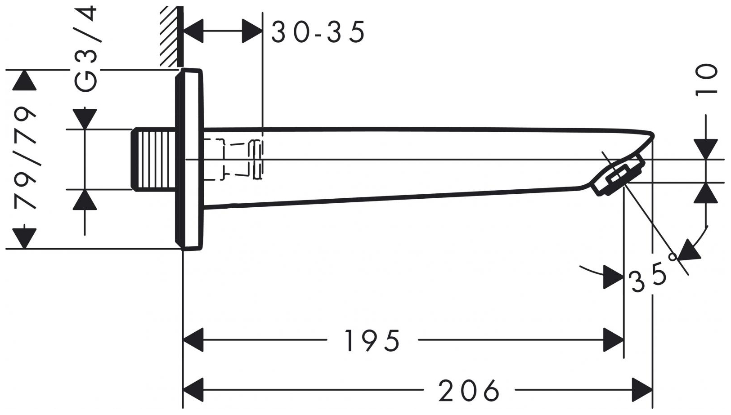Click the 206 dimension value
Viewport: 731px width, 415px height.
pyautogui.click(x=469, y=390)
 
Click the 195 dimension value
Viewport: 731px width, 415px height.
pyautogui.click(x=372, y=340)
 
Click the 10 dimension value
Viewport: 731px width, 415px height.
pyautogui.click(x=706, y=80)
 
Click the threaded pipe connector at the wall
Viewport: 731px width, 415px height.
pyautogui.click(x=153, y=160)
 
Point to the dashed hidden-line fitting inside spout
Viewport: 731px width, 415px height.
pyautogui.click(x=234, y=160)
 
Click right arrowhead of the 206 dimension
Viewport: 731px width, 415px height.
pyautogui.click(x=642, y=390)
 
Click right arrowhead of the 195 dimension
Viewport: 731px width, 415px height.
pyautogui.click(x=614, y=340)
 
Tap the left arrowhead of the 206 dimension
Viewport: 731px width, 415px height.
pyautogui.click(x=193, y=390)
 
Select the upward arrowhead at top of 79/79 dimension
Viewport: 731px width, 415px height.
pyautogui.click(x=24, y=81)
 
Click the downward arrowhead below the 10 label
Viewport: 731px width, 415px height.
pyautogui.click(x=706, y=149)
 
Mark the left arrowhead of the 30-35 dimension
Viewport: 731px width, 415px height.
pyautogui.click(x=193, y=31)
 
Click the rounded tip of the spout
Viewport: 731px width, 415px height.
pyautogui.click(x=651, y=135)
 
